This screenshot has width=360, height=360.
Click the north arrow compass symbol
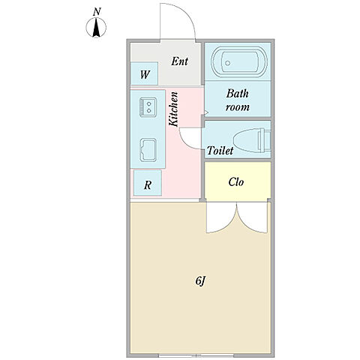click(x=96, y=27)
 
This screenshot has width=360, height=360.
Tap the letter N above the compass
click(x=97, y=12)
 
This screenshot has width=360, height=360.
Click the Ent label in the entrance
click(x=179, y=61)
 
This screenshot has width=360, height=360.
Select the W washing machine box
click(x=144, y=73)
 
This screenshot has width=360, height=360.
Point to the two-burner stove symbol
click(x=148, y=107)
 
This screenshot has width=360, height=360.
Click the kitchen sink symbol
click(x=148, y=150)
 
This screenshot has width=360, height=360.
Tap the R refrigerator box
click(x=148, y=183)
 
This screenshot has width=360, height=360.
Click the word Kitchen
click(x=173, y=109)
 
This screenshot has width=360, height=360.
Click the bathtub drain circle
click(x=227, y=63)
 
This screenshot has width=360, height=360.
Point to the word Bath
click(x=238, y=94)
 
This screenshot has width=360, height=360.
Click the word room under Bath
click(x=238, y=107)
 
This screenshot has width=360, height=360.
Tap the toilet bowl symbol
click(x=252, y=140)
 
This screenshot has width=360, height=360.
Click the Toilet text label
click(x=220, y=151)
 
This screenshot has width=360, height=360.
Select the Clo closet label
click(x=236, y=182)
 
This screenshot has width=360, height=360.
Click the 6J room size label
click(x=200, y=281)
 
